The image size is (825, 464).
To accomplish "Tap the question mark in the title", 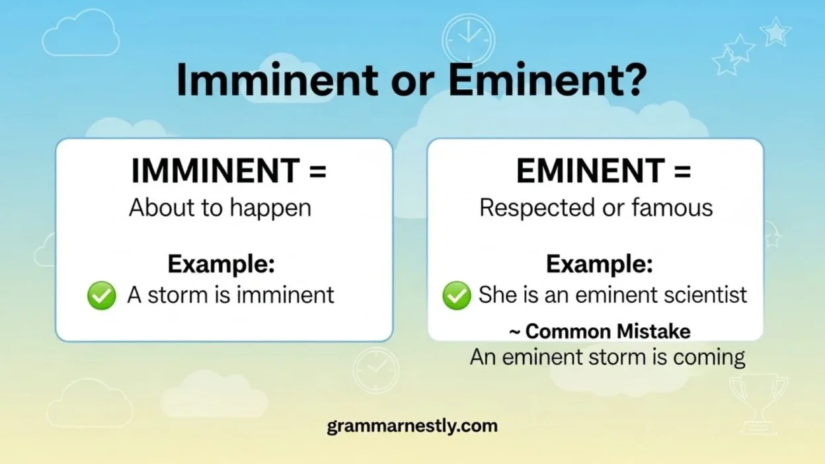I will pyautogui.click(x=631, y=81).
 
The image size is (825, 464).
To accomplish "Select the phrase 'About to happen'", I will pyautogui.click(x=220, y=208).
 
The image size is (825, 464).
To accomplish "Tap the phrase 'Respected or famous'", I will pyautogui.click(x=596, y=208).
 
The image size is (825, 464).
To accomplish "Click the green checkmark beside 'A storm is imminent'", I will pyautogui.click(x=102, y=295).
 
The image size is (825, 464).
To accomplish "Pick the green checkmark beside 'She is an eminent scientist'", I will pyautogui.click(x=456, y=295).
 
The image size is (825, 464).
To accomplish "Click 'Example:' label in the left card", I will pyautogui.click(x=221, y=264).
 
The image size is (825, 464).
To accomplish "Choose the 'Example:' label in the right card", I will pyautogui.click(x=599, y=264).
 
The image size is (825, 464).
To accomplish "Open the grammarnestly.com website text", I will pyautogui.click(x=412, y=426).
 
